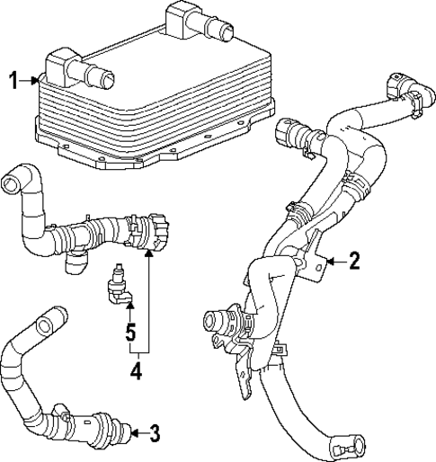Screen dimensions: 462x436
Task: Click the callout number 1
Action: [13, 81]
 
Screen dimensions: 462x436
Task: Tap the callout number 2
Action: [354, 262]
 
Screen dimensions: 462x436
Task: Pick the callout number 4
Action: [137, 369]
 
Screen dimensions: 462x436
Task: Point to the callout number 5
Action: [131, 333]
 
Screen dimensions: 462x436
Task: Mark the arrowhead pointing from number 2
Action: [330, 262]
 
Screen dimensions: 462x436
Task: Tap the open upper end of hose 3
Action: [50, 315]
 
